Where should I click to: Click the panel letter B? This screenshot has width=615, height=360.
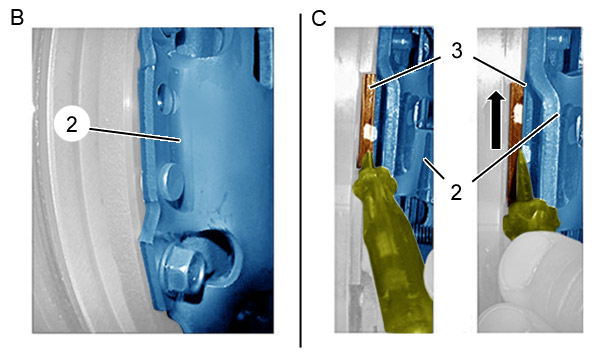coord(17,18)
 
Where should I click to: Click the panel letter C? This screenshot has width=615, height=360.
coord(318,18)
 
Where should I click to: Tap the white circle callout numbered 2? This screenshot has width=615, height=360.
coord(72,125)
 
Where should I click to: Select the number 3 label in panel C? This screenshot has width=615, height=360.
coord(457,51)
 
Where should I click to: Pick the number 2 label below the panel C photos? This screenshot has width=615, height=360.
coord(456,193)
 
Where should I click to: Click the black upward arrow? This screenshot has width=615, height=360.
coord(496,120)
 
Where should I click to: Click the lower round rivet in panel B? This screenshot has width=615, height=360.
coord(172,182)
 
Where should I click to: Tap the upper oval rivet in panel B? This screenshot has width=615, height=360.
coord(167,99)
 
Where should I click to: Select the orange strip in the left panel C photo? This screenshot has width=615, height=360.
coord(368,120)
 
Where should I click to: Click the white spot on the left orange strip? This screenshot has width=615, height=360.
coord(370,132)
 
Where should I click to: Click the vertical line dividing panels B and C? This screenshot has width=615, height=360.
coord(300,180)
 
